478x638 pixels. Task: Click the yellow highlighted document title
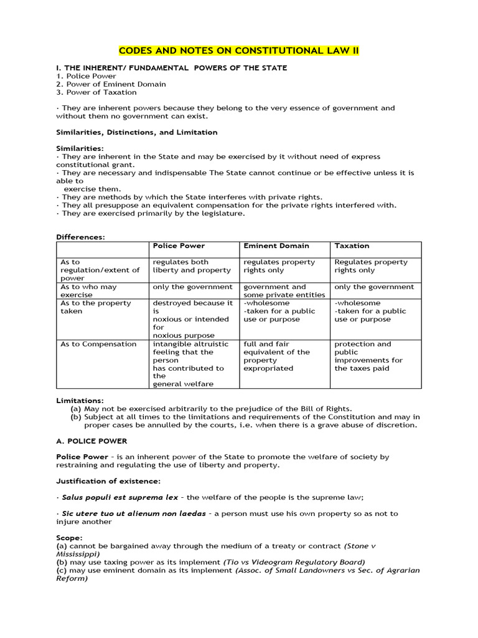[x=239, y=50]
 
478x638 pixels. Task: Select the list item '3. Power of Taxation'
[x=96, y=92]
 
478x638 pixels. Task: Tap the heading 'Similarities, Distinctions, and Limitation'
[x=137, y=132]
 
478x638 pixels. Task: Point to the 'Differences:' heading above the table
[x=80, y=237]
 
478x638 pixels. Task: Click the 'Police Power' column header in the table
[x=179, y=246]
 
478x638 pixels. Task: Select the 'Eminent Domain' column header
[x=276, y=246]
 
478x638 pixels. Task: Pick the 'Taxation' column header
[x=352, y=246]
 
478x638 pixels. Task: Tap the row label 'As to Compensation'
[x=98, y=344]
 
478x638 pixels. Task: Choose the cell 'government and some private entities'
[x=284, y=291]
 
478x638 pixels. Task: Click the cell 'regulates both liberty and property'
[x=191, y=266]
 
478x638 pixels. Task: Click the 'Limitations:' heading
[x=80, y=401]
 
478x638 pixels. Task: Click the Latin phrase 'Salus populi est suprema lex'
[x=119, y=497]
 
